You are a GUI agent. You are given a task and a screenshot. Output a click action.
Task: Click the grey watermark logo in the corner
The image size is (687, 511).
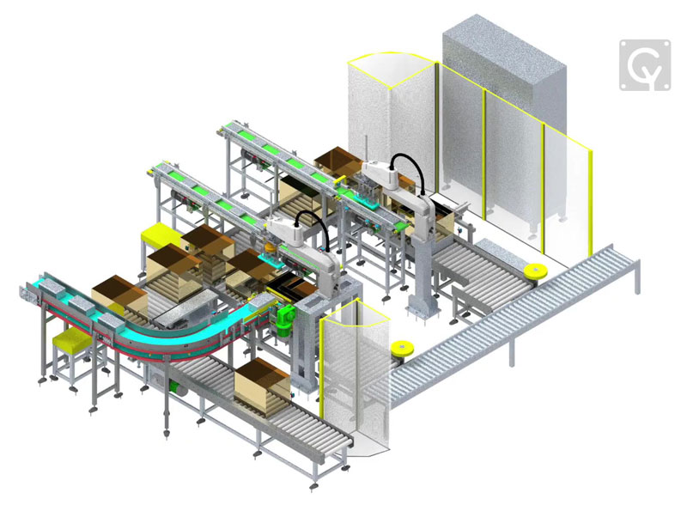(x=646, y=64)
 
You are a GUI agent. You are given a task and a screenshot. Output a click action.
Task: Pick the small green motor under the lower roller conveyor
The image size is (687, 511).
(x=179, y=387)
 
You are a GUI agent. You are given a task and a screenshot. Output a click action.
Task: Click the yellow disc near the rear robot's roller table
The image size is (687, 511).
(x=536, y=272)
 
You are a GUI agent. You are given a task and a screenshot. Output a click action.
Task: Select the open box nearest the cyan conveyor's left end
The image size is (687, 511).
(x=112, y=292)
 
